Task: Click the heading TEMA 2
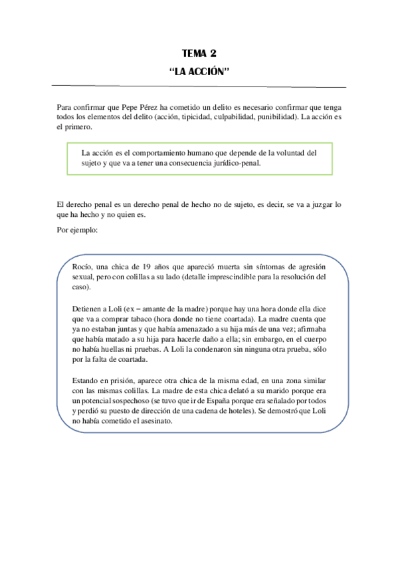pos(199,54)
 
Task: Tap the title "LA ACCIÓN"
pos(199,70)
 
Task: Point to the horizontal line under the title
pos(199,86)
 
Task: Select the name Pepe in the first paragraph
pos(131,107)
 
